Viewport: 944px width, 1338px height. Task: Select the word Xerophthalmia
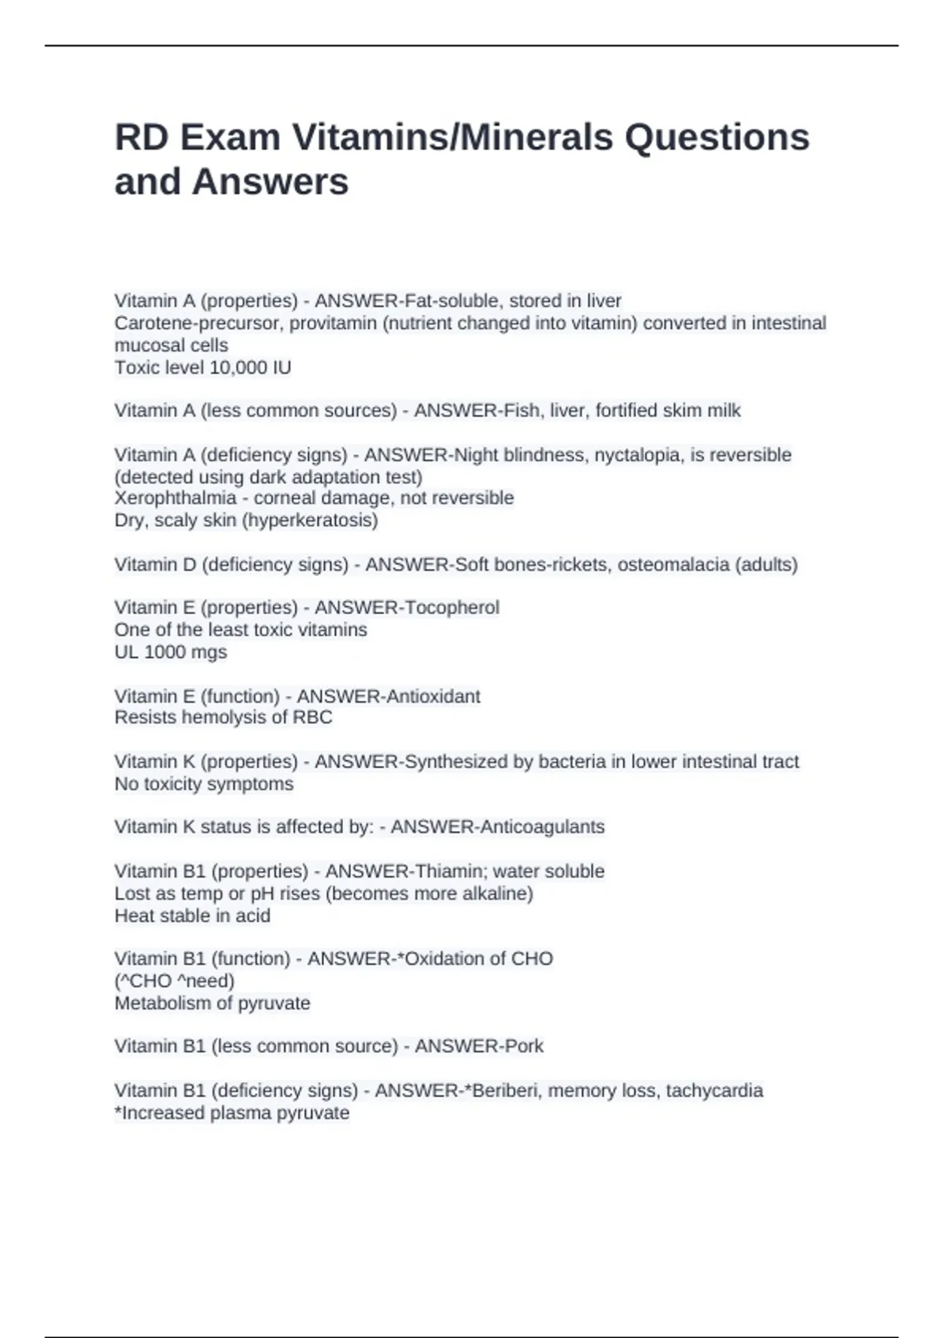point(175,498)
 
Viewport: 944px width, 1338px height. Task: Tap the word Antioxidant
point(430,697)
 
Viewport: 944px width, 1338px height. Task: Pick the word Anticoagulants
point(542,827)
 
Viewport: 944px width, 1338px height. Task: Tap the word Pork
point(522,1046)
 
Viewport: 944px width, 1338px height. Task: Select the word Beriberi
point(500,1091)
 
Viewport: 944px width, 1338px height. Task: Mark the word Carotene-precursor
point(199,323)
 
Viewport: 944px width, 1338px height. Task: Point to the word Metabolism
point(164,1004)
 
